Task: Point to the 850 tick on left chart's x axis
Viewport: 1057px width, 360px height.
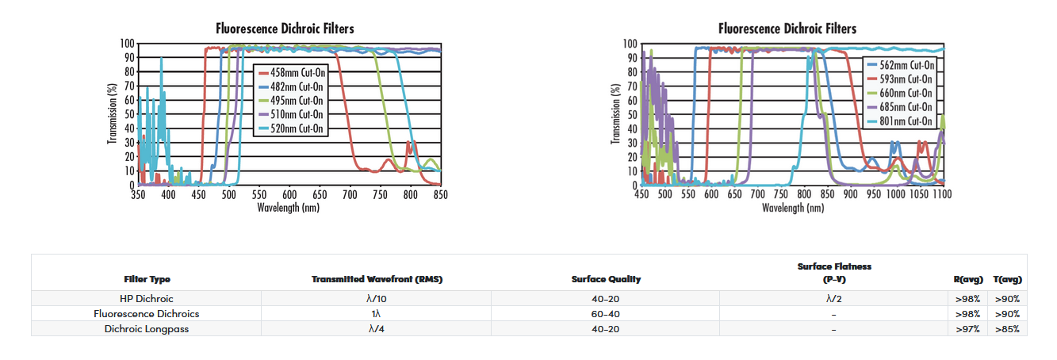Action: (x=440, y=194)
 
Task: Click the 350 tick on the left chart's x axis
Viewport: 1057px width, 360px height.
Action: (x=138, y=194)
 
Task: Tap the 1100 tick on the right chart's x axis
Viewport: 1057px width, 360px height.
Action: (x=941, y=194)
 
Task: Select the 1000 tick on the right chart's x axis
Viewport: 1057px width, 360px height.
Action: (x=895, y=194)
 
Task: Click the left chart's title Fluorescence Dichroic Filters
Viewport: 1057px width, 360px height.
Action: (x=285, y=29)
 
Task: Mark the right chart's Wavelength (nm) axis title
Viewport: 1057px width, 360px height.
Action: (x=792, y=208)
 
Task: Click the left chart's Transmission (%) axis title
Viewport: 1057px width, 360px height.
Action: (x=113, y=113)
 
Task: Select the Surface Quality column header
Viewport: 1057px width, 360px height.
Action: (x=606, y=279)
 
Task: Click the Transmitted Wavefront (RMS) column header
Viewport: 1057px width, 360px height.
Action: (x=377, y=279)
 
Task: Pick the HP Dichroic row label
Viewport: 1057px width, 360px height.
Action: (x=147, y=299)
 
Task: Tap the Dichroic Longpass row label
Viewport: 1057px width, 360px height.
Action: (x=147, y=328)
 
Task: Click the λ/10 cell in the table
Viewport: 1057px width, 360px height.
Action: (x=377, y=299)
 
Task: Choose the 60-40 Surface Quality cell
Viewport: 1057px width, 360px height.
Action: (x=606, y=313)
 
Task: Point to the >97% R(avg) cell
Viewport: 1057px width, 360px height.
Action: (x=967, y=328)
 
